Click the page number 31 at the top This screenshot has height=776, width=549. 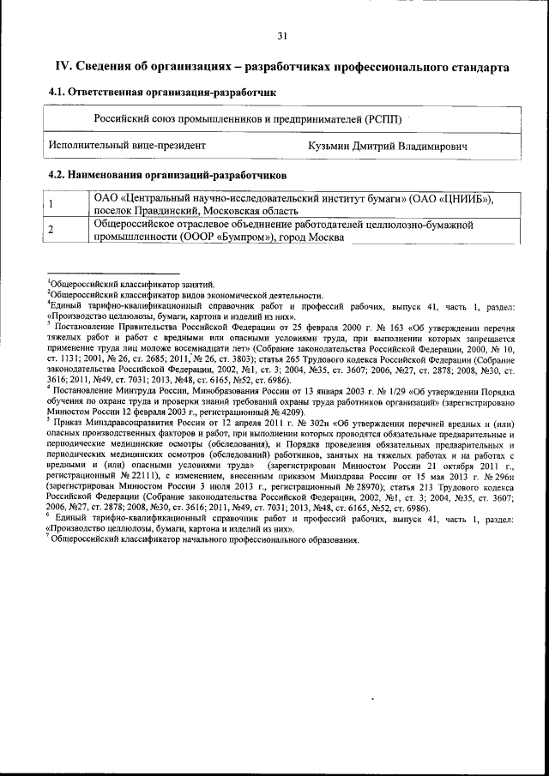282,35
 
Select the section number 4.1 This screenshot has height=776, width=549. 57,91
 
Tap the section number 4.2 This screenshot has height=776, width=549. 57,175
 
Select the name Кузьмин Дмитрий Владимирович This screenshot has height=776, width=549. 388,147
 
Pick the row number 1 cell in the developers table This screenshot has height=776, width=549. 51,204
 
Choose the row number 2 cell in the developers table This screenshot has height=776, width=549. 51,230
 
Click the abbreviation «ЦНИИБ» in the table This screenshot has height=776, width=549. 465,199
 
